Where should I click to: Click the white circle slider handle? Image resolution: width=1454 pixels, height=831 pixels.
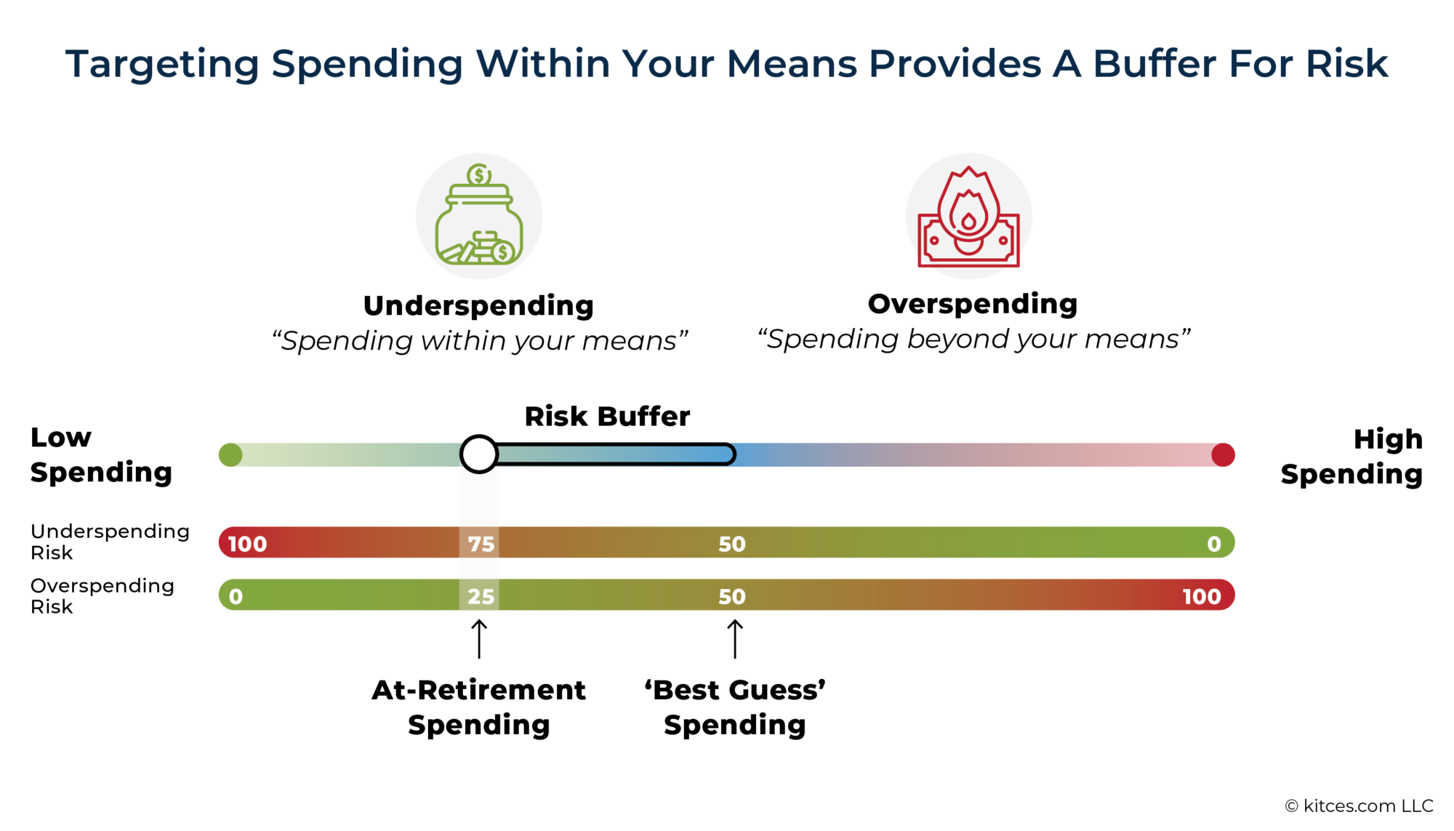479,454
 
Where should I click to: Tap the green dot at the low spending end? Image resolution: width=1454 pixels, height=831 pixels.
230,455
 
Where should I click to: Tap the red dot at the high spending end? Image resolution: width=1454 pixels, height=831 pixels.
1223,455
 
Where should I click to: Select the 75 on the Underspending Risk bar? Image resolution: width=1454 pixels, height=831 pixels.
481,544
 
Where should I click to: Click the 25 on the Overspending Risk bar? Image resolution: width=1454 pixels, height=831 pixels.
481,597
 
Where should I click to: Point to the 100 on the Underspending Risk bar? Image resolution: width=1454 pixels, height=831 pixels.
247,544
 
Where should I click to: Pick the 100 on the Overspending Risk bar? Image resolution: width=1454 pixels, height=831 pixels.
1201,597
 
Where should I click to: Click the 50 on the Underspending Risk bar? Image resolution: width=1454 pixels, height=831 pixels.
732,544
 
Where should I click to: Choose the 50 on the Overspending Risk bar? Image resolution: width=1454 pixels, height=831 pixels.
732,597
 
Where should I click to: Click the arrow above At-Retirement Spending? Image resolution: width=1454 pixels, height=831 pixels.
479,638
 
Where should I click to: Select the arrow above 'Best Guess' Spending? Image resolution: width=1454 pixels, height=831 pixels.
735,638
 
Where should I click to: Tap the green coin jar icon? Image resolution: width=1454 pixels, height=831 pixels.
479,216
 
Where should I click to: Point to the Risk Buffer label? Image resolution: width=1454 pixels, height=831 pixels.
607,417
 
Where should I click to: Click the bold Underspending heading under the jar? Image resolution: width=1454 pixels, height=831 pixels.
478,306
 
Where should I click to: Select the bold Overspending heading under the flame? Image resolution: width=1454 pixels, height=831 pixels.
973,304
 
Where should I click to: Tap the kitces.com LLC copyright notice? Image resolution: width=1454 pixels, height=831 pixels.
1359,806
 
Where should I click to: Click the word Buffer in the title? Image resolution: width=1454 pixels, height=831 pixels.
1154,64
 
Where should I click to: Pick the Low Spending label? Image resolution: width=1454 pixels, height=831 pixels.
101,455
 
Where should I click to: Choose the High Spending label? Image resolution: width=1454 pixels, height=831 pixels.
1351,457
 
